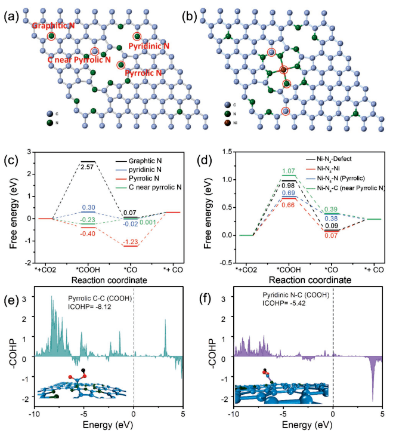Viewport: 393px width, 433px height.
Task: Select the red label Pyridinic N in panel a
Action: tap(149, 46)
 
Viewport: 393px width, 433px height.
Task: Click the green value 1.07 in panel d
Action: tap(289, 171)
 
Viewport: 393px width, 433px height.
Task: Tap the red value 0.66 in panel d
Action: tap(289, 205)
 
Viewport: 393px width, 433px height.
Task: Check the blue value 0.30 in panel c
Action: tap(88, 207)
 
